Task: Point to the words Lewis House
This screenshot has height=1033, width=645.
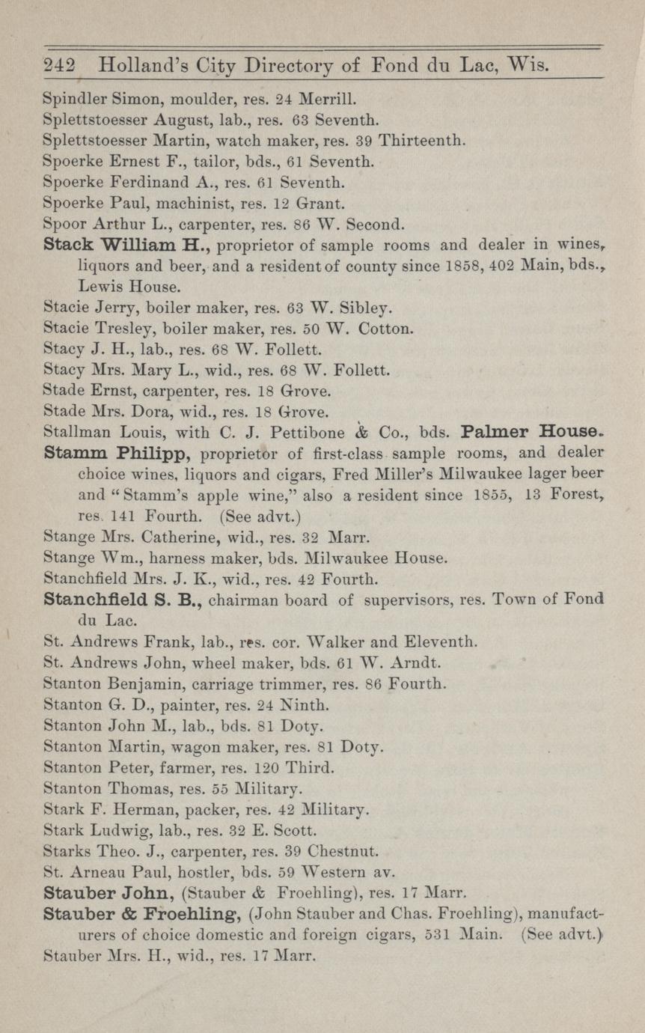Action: pyautogui.click(x=129, y=286)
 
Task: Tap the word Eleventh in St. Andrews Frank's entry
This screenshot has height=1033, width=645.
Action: pyautogui.click(x=438, y=642)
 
